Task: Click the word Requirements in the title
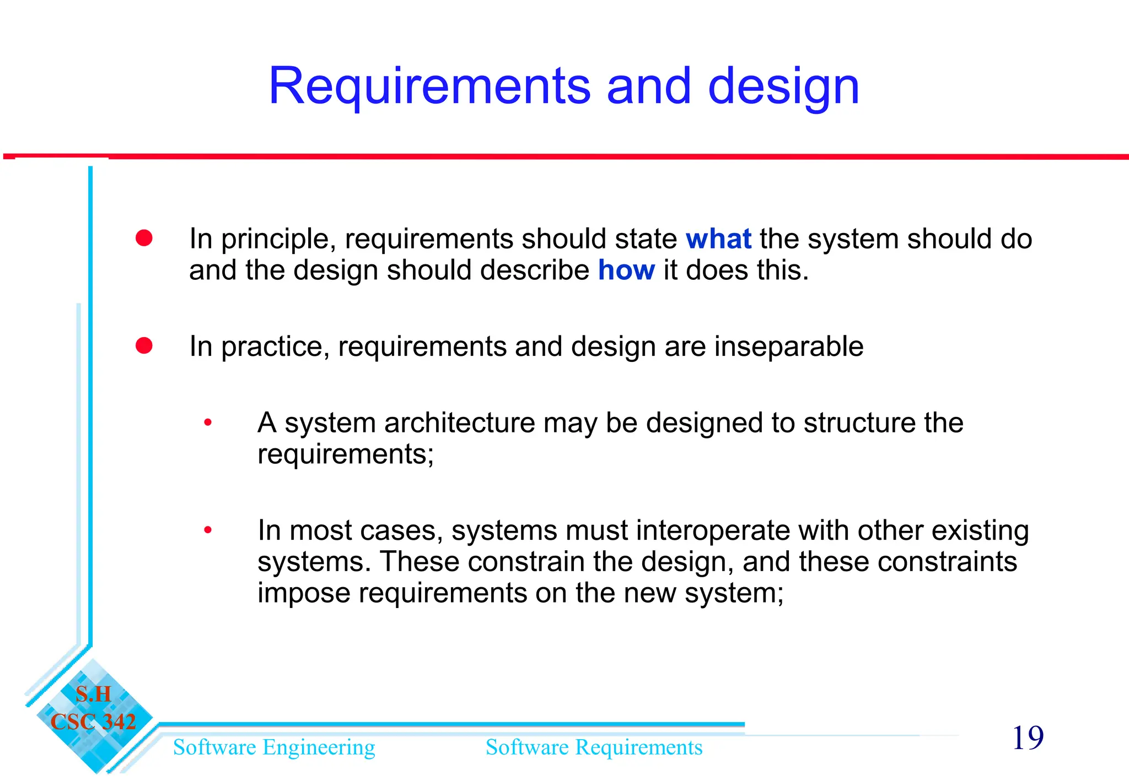click(429, 86)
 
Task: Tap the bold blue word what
click(718, 239)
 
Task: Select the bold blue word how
click(626, 270)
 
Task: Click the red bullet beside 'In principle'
click(144, 238)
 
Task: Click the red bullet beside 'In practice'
click(144, 346)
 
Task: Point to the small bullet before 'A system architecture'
click(208, 423)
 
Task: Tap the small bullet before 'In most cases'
click(208, 530)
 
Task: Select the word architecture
click(459, 423)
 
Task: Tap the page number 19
click(1028, 738)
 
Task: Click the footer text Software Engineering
click(274, 747)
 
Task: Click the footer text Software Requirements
click(594, 747)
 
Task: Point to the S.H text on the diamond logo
click(93, 694)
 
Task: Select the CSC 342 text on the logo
click(93, 722)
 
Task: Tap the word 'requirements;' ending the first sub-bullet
click(346, 454)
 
